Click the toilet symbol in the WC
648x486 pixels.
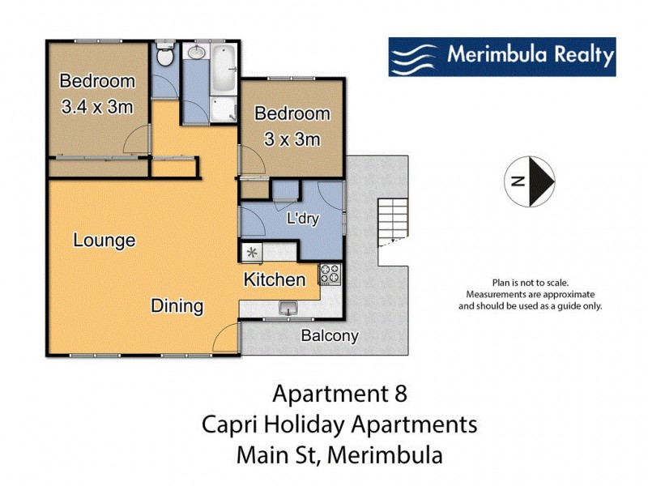(164, 57)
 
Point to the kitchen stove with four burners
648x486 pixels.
(330, 275)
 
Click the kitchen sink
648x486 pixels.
(288, 308)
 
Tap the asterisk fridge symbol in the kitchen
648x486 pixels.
(251, 253)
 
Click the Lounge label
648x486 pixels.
(104, 241)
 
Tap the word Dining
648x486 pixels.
(177, 306)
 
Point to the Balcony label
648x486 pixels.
(330, 336)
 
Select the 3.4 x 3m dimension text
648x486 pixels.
(96, 106)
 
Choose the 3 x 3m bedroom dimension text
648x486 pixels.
(292, 139)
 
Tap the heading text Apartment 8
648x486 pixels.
(339, 394)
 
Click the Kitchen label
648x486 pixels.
(275, 280)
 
